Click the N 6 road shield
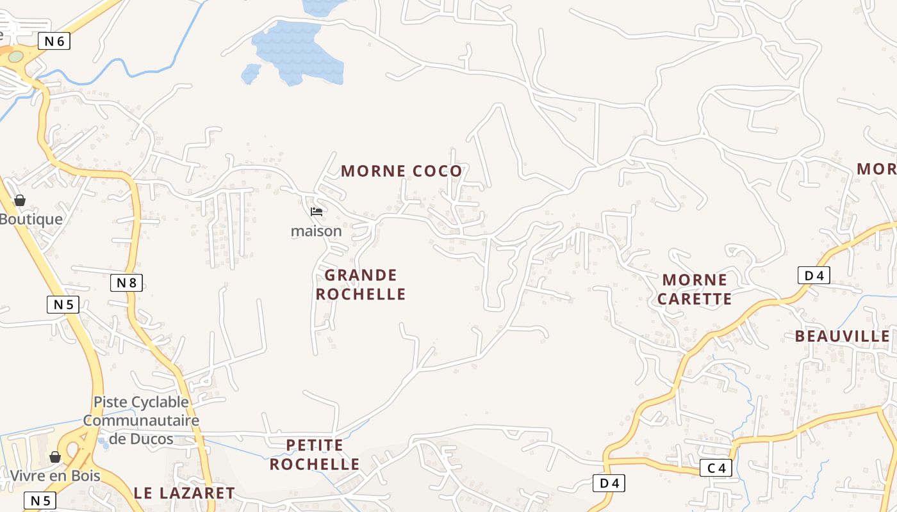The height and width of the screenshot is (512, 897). (54, 42)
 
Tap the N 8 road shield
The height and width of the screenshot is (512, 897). (126, 282)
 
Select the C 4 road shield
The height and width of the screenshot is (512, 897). (716, 468)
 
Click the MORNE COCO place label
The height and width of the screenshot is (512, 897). (401, 171)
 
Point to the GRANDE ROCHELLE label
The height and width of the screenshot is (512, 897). (361, 284)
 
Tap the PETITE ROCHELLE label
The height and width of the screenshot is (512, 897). (314, 454)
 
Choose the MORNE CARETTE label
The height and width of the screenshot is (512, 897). (695, 289)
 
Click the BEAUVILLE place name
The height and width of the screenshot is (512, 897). (842, 336)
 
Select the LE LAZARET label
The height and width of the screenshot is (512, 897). (185, 493)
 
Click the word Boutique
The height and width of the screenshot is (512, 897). (31, 219)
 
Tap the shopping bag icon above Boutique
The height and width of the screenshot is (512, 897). (20, 200)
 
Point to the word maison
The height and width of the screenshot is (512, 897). (316, 230)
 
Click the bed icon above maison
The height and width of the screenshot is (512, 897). (316, 212)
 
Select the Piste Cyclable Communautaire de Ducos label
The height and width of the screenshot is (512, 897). (141, 420)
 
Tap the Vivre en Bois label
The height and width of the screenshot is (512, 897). (55, 476)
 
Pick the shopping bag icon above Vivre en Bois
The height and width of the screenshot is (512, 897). (55, 457)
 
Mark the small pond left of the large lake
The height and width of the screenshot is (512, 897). (250, 73)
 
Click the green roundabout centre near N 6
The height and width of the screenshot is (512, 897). (15, 56)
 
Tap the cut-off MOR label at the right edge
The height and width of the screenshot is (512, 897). (876, 168)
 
